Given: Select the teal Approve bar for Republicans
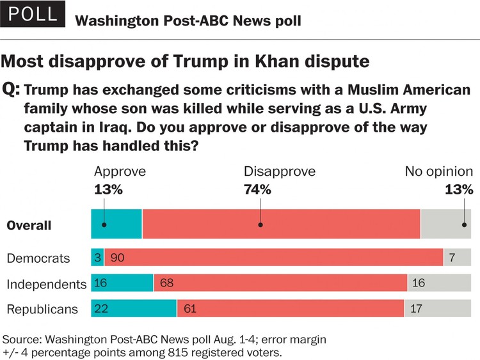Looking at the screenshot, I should coord(134,309).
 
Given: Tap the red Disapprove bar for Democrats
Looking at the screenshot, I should coord(274,258).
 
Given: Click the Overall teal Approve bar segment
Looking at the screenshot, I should coord(116,224).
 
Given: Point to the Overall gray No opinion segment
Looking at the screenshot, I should coord(447,224).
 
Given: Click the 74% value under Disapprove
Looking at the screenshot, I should coord(257,189).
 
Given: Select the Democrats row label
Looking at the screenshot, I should coord(38,258).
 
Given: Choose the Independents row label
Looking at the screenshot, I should coord(46,284).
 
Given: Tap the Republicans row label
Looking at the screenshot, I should coord(42,309).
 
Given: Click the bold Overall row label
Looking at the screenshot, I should coord(29,225).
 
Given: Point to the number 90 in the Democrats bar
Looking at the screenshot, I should coord(118,258).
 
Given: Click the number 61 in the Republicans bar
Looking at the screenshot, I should coord(191,309).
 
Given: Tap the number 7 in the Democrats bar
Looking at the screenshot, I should coord(452,258).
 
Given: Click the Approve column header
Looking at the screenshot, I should coord(120,171).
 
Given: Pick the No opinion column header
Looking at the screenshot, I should coord(438,171).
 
